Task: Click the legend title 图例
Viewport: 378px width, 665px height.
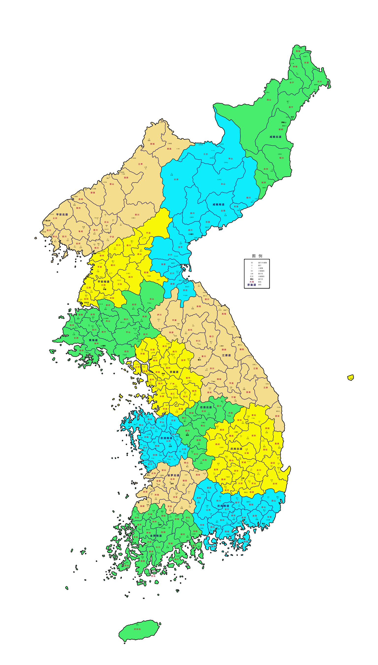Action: [x=257, y=256]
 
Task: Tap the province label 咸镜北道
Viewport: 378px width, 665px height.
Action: [x=275, y=137]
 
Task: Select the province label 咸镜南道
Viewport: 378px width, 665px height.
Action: [x=218, y=204]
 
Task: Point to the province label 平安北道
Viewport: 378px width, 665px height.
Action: [x=62, y=214]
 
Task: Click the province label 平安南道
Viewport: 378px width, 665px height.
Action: [x=103, y=281]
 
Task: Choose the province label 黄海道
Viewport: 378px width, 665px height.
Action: [x=93, y=340]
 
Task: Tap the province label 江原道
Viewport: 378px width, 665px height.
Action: [x=226, y=355]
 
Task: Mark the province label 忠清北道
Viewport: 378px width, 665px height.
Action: [x=206, y=407]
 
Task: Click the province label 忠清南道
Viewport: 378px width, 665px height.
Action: [x=166, y=438]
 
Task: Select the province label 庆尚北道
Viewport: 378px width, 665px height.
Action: [x=236, y=449]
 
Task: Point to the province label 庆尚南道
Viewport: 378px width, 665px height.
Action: [x=223, y=506]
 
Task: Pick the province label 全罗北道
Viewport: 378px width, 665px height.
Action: [x=173, y=475]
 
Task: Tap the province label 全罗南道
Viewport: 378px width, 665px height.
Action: [x=156, y=536]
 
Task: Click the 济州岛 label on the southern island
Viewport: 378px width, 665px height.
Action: [x=137, y=629]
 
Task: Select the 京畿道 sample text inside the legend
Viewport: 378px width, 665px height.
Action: [x=251, y=285]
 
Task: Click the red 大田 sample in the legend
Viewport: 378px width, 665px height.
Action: [x=251, y=282]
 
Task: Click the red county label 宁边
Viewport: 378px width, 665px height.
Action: [x=112, y=237]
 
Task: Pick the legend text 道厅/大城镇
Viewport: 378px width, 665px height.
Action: [x=262, y=263]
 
